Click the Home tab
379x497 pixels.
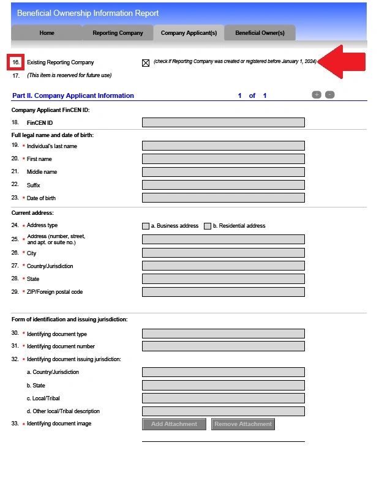click(47, 33)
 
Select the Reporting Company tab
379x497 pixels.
click(118, 33)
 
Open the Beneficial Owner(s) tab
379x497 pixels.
click(260, 33)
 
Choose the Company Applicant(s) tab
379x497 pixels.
click(189, 33)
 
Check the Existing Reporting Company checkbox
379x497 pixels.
click(146, 62)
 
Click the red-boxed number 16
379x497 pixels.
click(16, 62)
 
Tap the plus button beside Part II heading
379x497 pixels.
click(317, 95)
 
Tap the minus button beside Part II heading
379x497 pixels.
click(329, 95)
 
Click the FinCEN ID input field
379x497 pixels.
click(223, 122)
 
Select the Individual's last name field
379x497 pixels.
click(223, 146)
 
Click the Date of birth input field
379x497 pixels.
click(223, 198)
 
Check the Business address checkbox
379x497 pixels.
click(146, 226)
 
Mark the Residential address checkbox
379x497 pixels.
click(208, 226)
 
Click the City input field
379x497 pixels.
click(223, 253)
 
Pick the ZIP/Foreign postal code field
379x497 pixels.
click(223, 292)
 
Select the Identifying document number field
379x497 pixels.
click(223, 346)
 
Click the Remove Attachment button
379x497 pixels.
click(242, 424)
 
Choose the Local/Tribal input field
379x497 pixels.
click(223, 398)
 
